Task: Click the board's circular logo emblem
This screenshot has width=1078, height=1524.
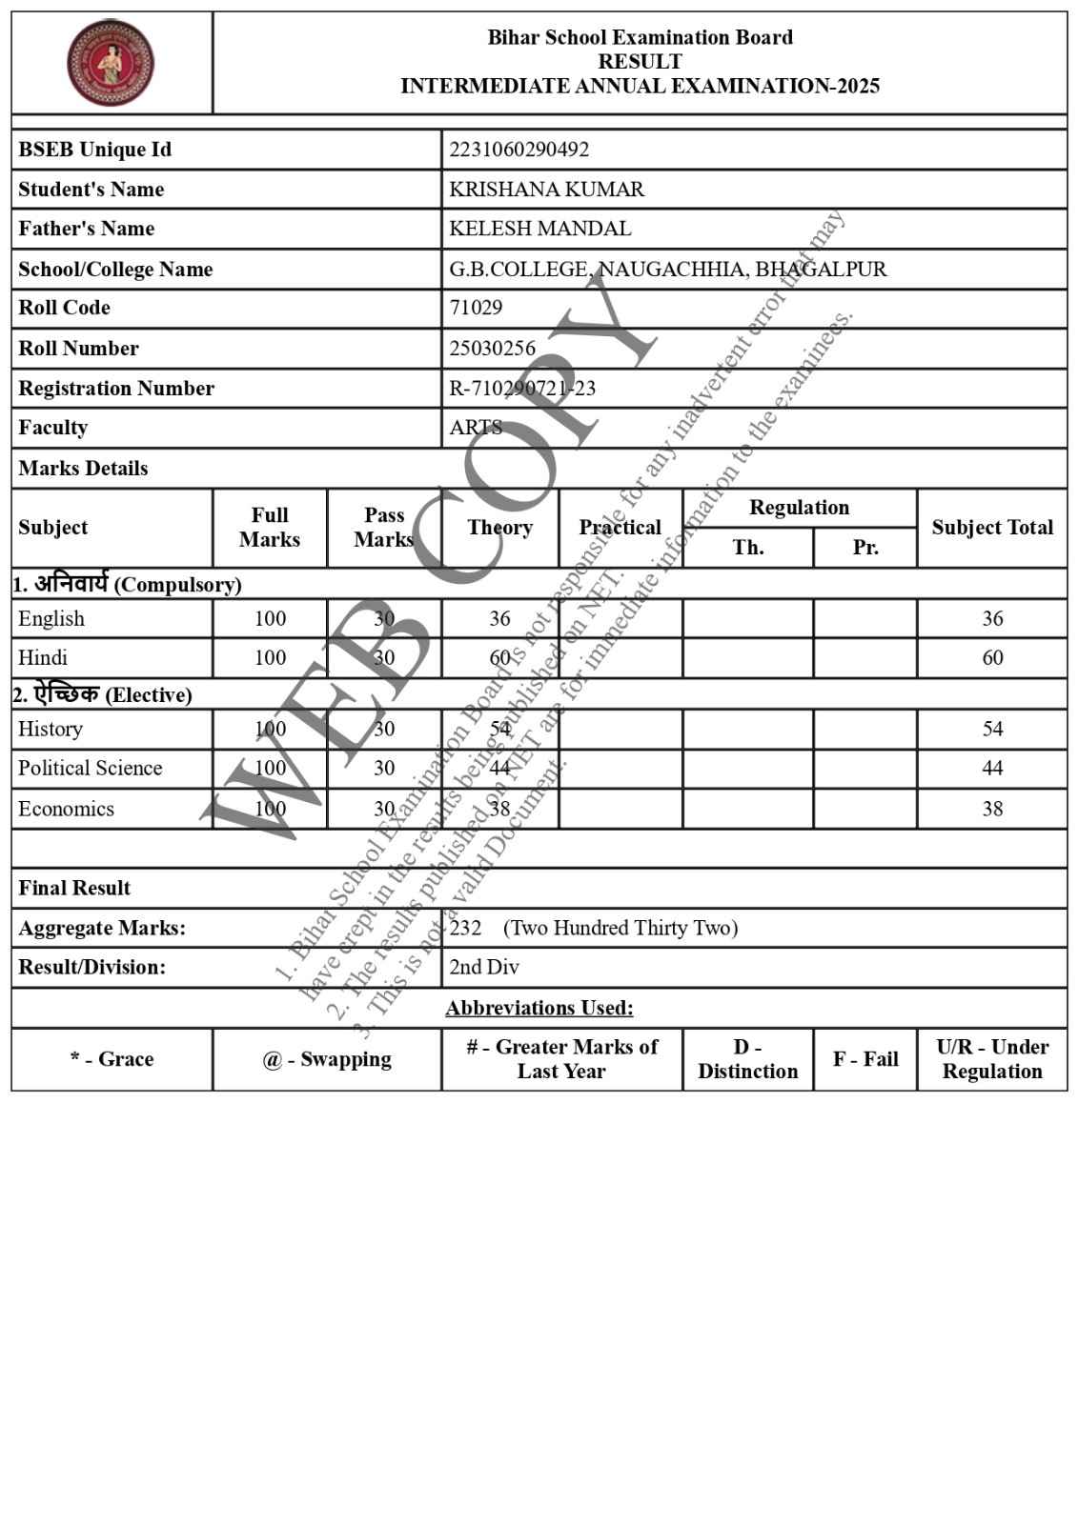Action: [x=111, y=63]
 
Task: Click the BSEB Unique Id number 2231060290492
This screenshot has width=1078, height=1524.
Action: [x=519, y=150]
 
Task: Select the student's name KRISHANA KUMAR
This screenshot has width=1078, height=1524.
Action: [x=546, y=190]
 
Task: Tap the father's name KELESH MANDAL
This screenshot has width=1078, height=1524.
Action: [x=539, y=229]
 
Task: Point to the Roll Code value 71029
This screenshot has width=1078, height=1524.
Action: [x=476, y=308]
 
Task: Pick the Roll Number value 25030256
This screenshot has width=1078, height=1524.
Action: [x=492, y=349]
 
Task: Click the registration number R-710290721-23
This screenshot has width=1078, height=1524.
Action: [x=522, y=389]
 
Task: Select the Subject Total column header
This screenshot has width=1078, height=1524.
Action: [x=992, y=528]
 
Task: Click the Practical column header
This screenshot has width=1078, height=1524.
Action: [x=620, y=528]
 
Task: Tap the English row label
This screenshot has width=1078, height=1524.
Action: [x=51, y=619]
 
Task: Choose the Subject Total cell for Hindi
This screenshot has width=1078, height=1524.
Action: [x=992, y=658]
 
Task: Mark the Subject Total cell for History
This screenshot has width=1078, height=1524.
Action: [x=992, y=730]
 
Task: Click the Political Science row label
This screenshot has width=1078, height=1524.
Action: [x=91, y=769]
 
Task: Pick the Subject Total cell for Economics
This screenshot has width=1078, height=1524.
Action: [x=992, y=810]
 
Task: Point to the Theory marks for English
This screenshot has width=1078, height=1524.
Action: [x=499, y=619]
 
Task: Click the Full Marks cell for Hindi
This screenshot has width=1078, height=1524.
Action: [x=270, y=658]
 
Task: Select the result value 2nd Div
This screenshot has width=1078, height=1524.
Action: [x=484, y=968]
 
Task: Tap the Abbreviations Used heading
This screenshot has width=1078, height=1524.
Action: [x=539, y=1008]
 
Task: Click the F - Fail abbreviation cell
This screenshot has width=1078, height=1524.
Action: [x=865, y=1059]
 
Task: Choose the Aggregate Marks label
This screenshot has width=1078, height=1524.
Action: [x=102, y=929]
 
